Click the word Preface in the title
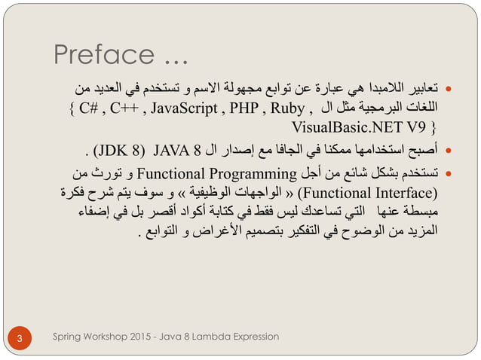[x=100, y=55]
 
